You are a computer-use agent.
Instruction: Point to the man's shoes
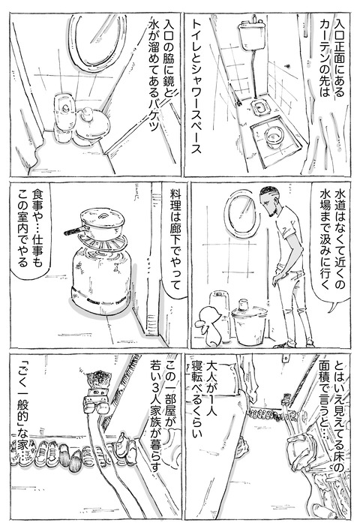pos(285,342)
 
